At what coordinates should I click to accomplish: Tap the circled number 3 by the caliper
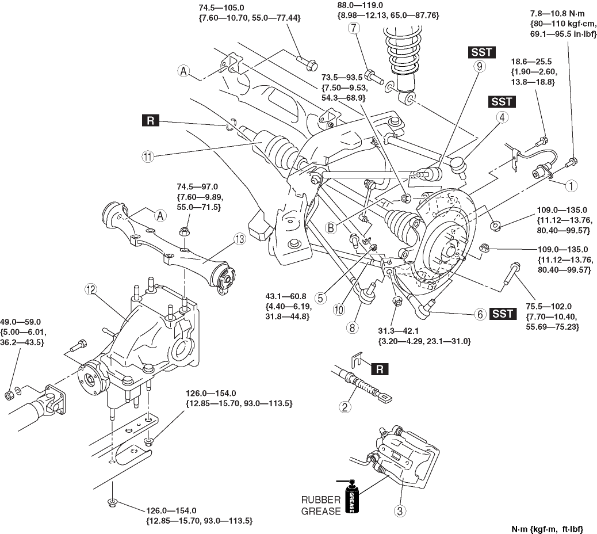[x=399, y=509]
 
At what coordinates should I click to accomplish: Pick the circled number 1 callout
[x=571, y=186]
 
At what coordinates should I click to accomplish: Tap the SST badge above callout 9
[x=481, y=52]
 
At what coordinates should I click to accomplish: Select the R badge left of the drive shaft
[x=151, y=121]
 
